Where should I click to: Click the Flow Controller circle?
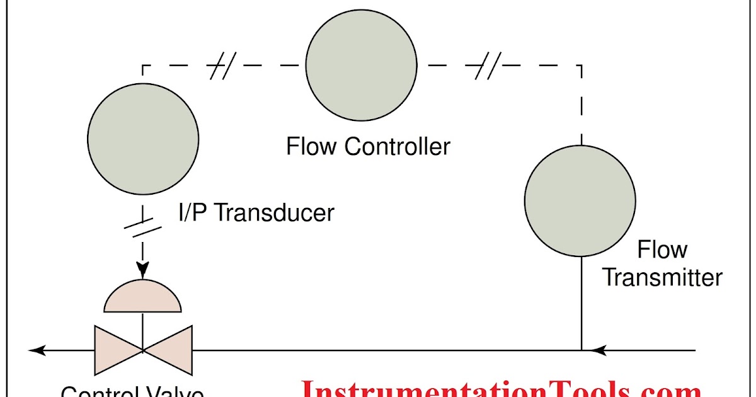pyautogui.click(x=361, y=64)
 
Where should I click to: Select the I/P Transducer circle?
pyautogui.click(x=143, y=138)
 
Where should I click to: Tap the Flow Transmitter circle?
pyautogui.click(x=580, y=200)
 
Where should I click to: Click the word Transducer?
pyautogui.click(x=274, y=212)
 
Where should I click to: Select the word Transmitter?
pyautogui.click(x=662, y=277)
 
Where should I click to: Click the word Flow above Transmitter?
pyautogui.click(x=661, y=250)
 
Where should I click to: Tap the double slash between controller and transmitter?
pyautogui.click(x=487, y=65)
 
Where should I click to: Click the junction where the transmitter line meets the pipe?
pyautogui.click(x=581, y=349)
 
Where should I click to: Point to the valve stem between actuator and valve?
pyautogui.click(x=143, y=328)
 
